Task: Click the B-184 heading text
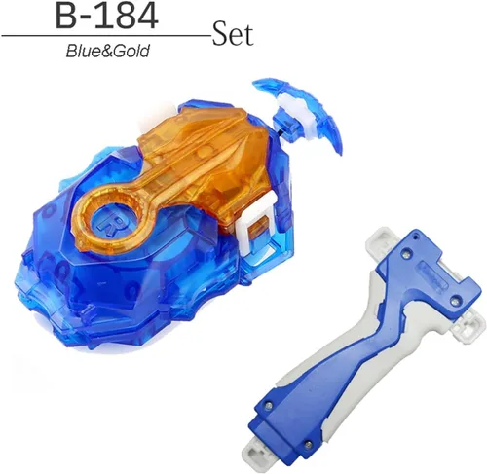pyautogui.click(x=107, y=16)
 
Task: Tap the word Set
pyautogui.click(x=233, y=33)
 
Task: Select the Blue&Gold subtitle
pyautogui.click(x=108, y=51)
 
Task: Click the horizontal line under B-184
pyautogui.click(x=106, y=36)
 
